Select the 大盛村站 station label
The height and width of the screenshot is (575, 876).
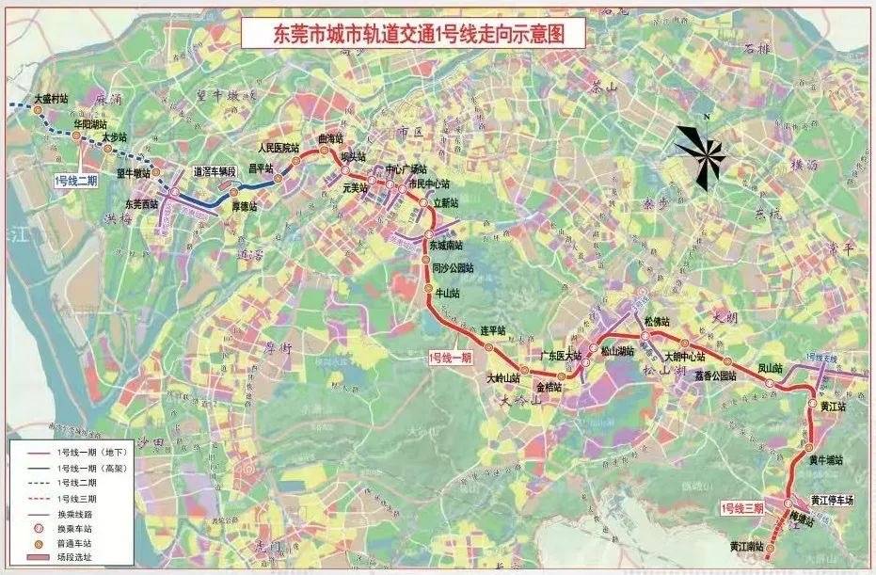point(52,98)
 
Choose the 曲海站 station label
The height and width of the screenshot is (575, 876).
point(331,138)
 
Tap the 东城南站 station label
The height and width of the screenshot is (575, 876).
point(448,245)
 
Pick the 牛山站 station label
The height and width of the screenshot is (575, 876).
point(448,293)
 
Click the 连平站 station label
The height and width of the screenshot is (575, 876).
point(494,330)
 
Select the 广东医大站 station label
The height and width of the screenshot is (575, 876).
point(561,356)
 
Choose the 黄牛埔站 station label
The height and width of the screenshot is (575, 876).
point(825,459)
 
